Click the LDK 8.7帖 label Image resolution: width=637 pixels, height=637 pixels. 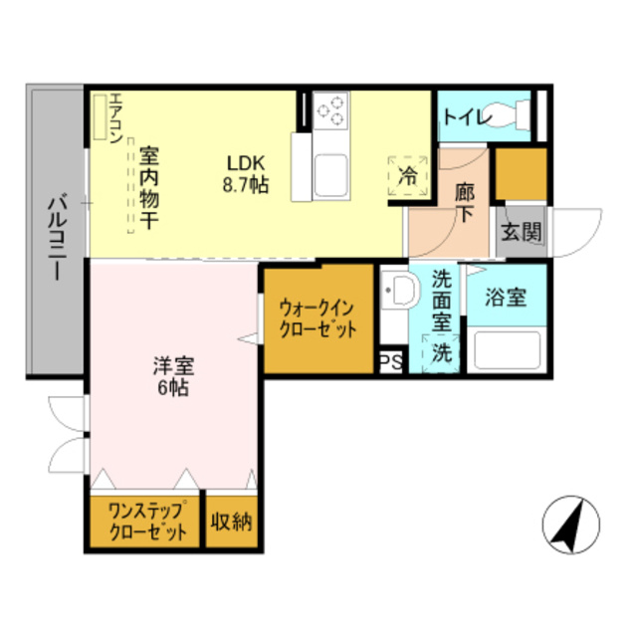(244, 173)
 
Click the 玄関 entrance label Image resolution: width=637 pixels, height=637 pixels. (521, 234)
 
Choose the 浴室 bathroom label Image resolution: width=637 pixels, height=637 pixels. (506, 297)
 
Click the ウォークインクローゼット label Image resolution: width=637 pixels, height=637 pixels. (317, 318)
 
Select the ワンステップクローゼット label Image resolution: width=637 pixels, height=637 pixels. (147, 523)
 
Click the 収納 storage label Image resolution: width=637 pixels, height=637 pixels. (232, 521)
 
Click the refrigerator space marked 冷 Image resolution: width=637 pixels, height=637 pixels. (407, 176)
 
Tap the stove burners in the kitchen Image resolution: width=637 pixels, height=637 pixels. (331, 110)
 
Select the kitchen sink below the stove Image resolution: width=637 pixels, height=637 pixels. (328, 176)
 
